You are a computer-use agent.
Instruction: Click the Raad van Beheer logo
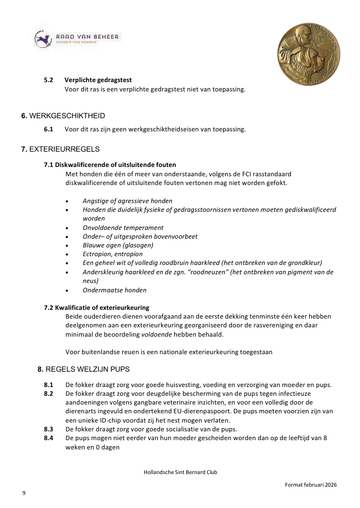coord(76,38)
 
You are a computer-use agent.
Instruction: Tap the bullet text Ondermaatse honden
coord(115,290)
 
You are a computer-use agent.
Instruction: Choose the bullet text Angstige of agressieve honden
coord(127,200)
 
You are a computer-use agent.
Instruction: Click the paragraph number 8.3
coord(49,428)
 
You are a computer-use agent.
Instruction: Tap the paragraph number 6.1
coord(49,130)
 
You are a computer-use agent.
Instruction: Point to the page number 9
coord(24,493)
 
